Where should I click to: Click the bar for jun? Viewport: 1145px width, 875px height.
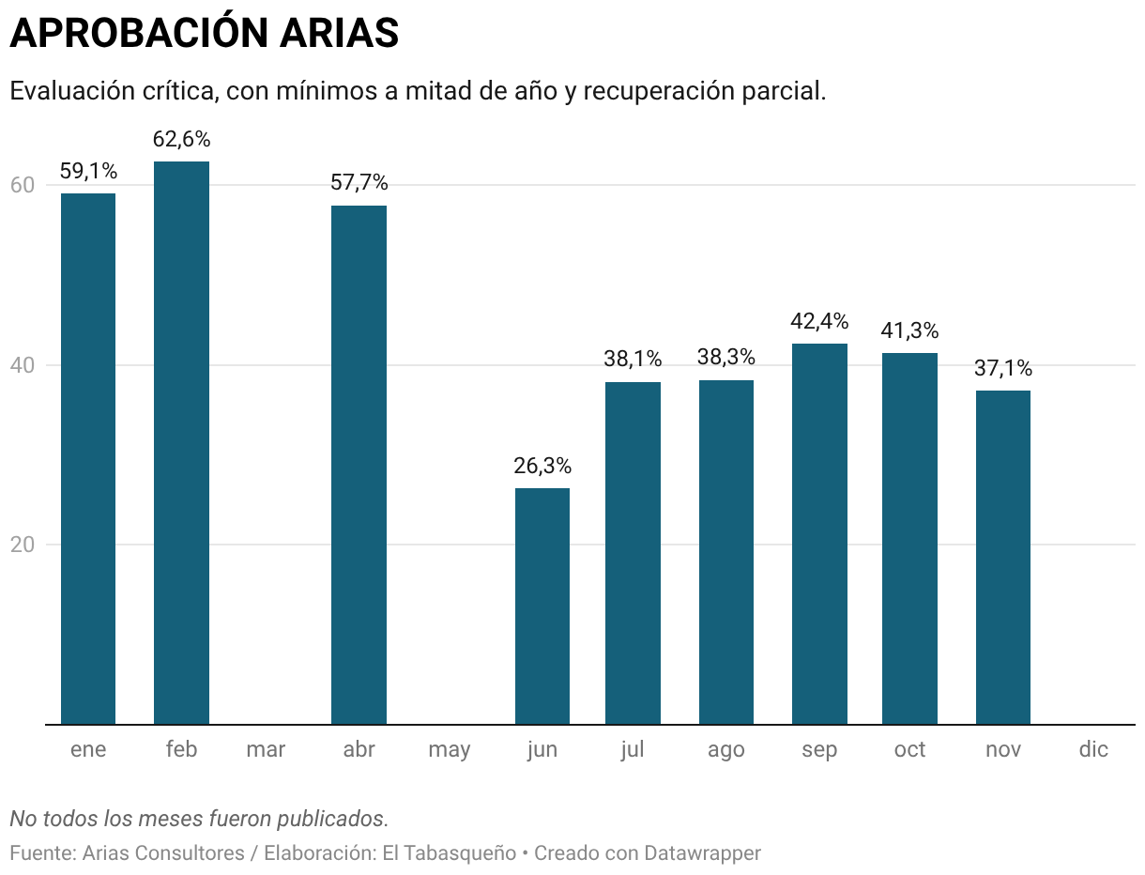542,606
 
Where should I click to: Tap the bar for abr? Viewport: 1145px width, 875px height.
359,465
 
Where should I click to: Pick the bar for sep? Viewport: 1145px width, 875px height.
819,534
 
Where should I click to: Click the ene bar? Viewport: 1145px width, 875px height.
88,459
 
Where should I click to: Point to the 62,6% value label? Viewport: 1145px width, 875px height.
181,140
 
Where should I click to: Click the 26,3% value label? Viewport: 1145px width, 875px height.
542,466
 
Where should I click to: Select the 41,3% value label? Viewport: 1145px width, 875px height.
909,330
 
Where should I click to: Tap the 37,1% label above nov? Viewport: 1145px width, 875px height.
1002,368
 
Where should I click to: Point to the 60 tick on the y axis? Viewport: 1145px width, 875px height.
23,185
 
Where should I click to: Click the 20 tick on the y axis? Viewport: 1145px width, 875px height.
23,545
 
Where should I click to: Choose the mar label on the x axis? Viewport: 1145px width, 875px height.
266,750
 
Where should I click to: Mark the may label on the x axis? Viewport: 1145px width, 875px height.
450,750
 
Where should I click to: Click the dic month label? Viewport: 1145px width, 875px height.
1093,750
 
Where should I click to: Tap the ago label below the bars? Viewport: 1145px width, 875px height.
726,750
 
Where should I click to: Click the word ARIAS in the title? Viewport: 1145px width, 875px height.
339,34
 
